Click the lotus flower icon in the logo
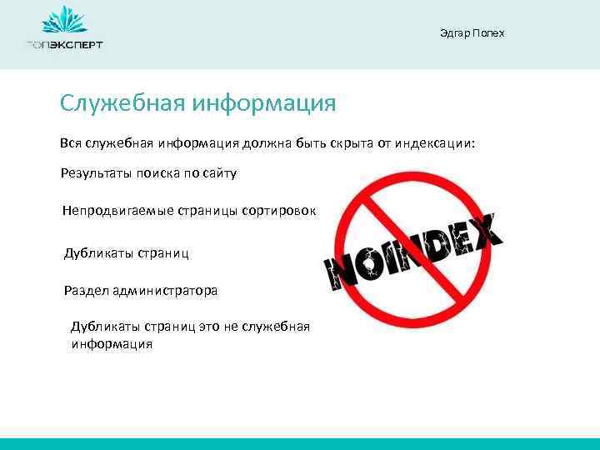[x=64, y=20]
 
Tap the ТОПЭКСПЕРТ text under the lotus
[x=64, y=45]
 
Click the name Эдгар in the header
[x=454, y=33]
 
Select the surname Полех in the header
[x=488, y=33]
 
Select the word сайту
[x=219, y=173]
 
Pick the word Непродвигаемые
[x=117, y=211]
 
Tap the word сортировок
[x=279, y=211]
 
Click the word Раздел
[x=84, y=291]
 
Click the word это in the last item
[x=208, y=326]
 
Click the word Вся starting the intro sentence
[x=71, y=143]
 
